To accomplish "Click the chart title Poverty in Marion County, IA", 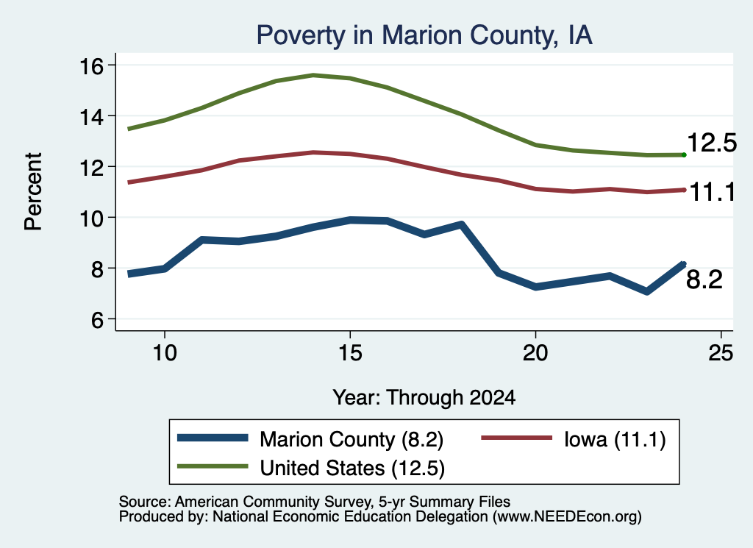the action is pyautogui.click(x=424, y=35).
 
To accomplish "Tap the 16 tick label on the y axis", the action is pyautogui.click(x=91, y=65).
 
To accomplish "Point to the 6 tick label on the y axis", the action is pyautogui.click(x=97, y=320).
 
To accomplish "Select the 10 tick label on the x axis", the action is pyautogui.click(x=165, y=354).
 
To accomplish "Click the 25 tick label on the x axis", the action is pyautogui.click(x=721, y=354).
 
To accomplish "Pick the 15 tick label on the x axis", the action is pyautogui.click(x=350, y=354).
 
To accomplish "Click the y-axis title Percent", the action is pyautogui.click(x=34, y=192).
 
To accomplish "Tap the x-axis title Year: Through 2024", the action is pyautogui.click(x=424, y=398).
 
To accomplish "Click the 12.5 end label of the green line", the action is pyautogui.click(x=712, y=143).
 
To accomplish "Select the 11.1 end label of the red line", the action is pyautogui.click(x=713, y=193).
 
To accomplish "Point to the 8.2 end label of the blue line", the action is pyautogui.click(x=704, y=280).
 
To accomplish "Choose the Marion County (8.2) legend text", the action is pyautogui.click(x=351, y=439).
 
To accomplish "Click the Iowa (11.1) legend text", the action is pyautogui.click(x=615, y=439).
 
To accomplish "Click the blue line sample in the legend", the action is pyautogui.click(x=213, y=438).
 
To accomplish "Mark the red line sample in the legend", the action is pyautogui.click(x=517, y=438).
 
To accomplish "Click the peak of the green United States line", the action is pyautogui.click(x=313, y=76).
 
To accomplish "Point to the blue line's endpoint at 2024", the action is pyautogui.click(x=683, y=263).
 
